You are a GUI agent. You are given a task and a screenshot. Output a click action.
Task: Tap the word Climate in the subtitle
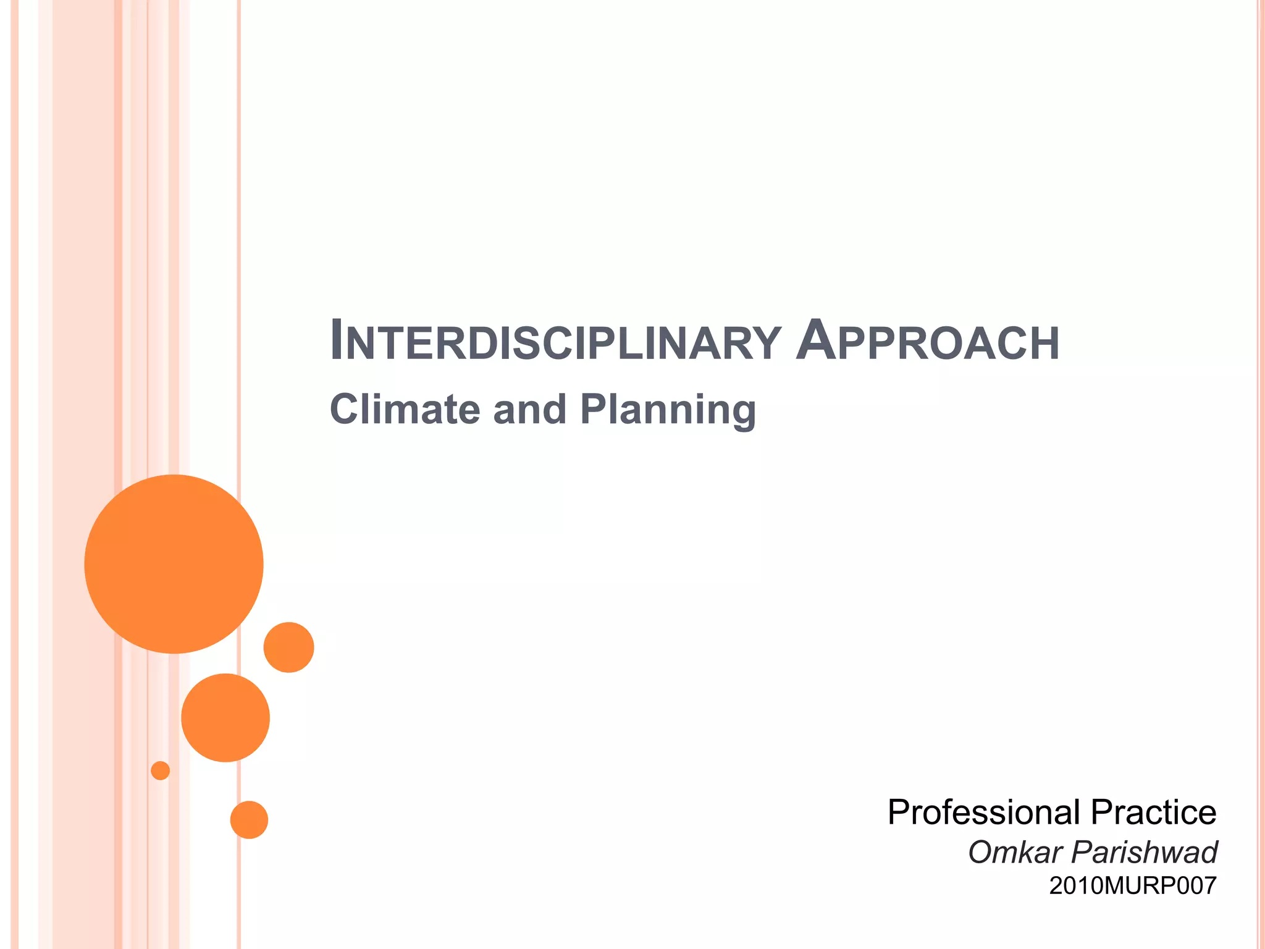coord(405,410)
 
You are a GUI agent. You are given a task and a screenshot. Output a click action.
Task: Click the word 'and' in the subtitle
coord(529,410)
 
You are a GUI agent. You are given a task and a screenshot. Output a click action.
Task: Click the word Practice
coord(1153,812)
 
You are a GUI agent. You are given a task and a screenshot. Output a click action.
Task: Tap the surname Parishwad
coord(1144,853)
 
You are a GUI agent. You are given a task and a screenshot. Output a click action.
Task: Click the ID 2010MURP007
coord(1132,886)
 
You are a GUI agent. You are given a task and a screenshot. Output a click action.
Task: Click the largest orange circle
coord(174,564)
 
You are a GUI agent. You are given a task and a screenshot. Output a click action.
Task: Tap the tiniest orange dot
coord(161,770)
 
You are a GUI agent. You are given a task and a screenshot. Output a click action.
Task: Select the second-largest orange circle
coord(225,717)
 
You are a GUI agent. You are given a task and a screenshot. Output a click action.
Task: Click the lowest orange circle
coord(249,820)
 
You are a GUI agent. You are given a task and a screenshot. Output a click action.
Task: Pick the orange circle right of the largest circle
coord(288,647)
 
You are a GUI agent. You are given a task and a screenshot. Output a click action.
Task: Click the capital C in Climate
coord(346,410)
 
